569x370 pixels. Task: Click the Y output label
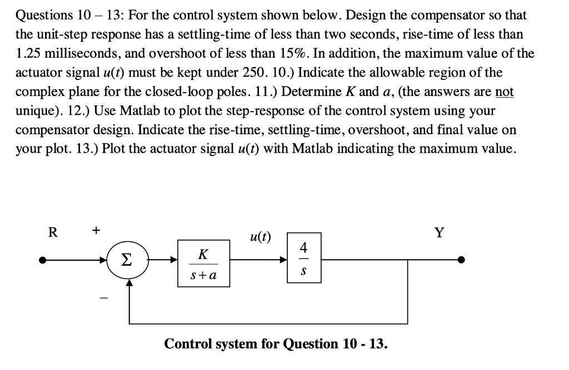tap(439, 232)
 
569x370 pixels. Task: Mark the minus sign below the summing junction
tap(102, 298)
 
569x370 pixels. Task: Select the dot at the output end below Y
tap(460, 260)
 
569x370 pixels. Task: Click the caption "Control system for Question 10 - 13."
tap(276, 343)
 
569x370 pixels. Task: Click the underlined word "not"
tap(504, 92)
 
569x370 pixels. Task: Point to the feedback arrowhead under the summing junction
tap(129, 282)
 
